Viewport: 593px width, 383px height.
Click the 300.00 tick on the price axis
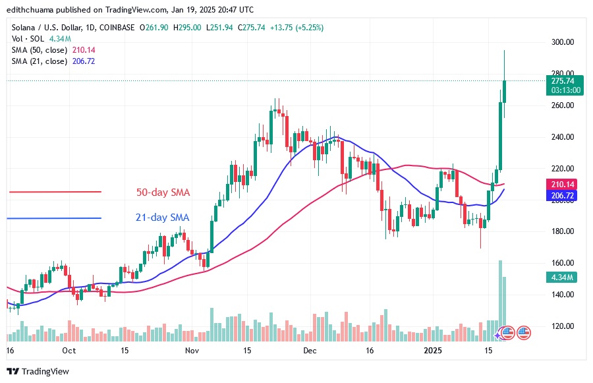coord(562,42)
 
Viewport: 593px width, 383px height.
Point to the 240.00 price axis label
coord(562,137)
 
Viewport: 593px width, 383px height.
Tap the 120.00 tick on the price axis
coord(562,326)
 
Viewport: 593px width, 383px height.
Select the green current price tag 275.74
coord(562,80)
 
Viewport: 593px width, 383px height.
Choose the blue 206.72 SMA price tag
coord(562,196)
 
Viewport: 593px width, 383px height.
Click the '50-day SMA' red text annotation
coord(163,192)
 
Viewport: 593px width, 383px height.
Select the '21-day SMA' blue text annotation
coord(163,218)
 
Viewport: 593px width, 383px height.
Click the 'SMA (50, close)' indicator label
coord(39,50)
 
